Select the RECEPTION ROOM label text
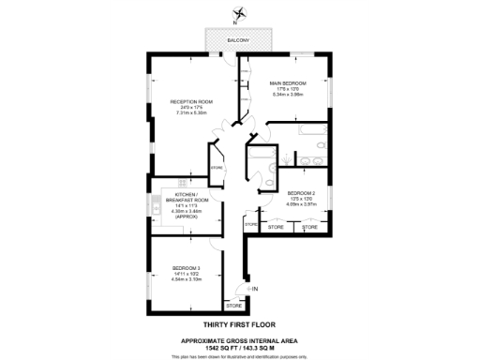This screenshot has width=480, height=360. coord(191,100)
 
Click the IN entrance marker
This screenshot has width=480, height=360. coord(254,288)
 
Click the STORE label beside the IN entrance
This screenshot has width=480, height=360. coord(233,306)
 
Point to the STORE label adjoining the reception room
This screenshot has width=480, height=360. coord(217,168)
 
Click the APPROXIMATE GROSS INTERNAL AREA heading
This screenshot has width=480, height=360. coord(239,339)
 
